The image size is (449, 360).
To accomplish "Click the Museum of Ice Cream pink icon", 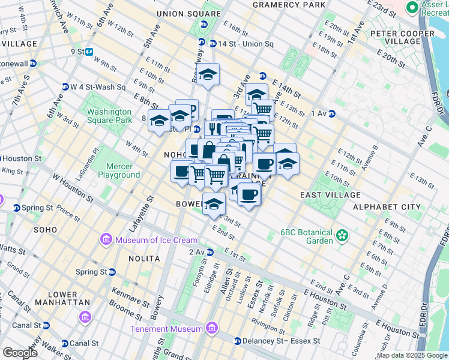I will [106, 240].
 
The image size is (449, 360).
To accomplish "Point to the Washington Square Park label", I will [109, 116].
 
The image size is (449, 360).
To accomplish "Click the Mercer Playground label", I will [122, 170].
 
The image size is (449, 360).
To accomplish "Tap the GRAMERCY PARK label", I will [280, 5].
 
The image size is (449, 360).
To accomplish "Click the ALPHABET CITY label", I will [387, 207].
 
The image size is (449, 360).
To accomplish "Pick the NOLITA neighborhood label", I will [144, 258].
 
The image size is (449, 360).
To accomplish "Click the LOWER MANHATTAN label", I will [59, 298].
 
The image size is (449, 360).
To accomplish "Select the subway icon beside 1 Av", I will [331, 113].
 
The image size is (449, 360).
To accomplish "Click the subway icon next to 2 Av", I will [210, 252].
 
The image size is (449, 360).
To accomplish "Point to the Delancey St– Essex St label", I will [280, 341].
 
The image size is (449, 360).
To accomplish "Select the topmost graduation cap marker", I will [208, 75].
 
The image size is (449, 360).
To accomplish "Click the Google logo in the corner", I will [20, 353].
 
